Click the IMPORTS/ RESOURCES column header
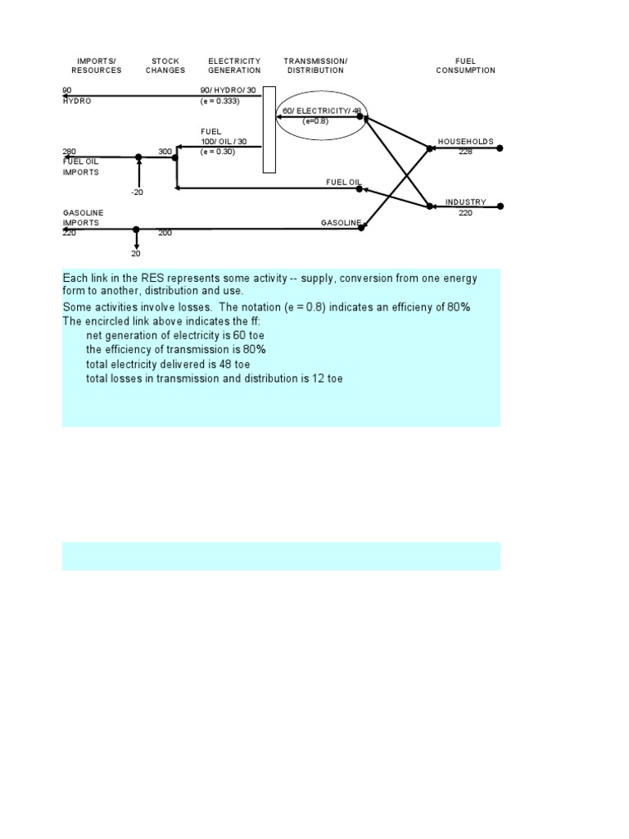coord(96,66)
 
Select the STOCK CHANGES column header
coord(165,66)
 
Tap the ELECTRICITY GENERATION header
coord(234,66)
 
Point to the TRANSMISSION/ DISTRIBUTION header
coord(315,66)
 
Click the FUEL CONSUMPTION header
coord(465,66)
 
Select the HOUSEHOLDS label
coord(465,142)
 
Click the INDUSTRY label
coord(465,202)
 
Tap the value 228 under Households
coord(465,152)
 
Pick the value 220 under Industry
coord(465,213)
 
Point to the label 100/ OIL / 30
coord(224,142)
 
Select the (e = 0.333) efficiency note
coord(219,101)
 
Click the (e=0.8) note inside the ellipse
coord(315,121)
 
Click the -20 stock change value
coord(137,192)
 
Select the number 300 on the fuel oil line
coord(165,152)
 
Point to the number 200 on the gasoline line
coord(165,234)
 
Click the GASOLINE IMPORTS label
coord(84,218)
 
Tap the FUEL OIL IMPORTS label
coord(81,166)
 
